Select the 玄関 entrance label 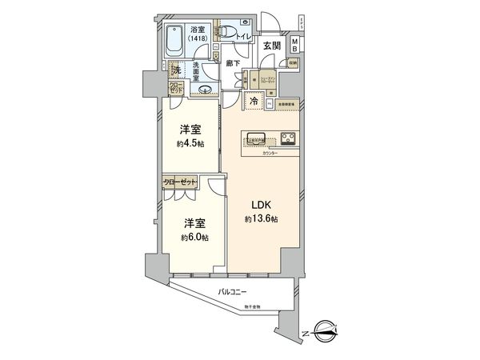(272, 46)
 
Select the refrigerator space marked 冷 (254, 102)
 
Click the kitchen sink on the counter (256, 135)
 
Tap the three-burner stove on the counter (288, 137)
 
